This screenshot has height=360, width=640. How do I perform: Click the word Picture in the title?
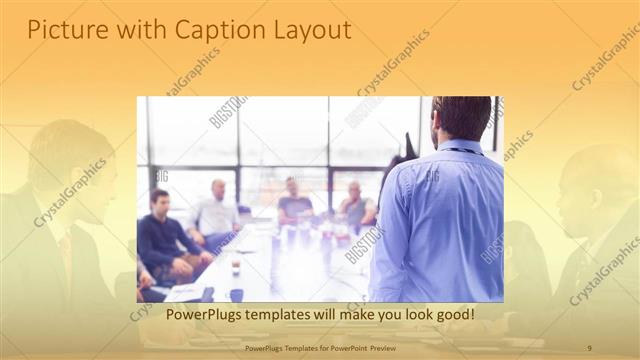60,31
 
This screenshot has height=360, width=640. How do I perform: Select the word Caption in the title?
213,31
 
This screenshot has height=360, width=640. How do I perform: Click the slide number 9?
589,346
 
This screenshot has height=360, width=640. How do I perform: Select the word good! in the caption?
451,315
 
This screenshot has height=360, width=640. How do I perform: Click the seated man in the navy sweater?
162,235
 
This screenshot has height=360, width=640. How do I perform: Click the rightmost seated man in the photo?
355,205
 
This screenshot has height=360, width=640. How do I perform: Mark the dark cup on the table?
236,293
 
